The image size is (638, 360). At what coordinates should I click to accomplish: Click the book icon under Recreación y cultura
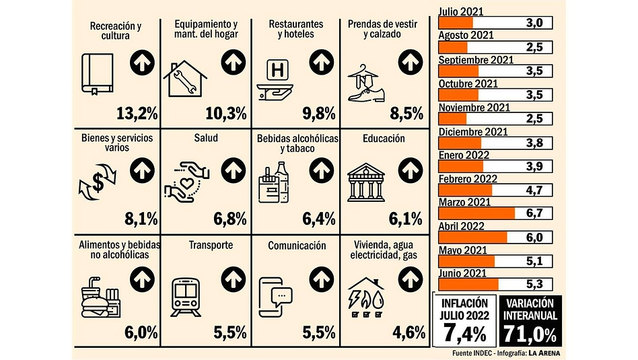(x=97, y=74)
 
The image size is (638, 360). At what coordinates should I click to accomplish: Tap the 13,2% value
(x=137, y=114)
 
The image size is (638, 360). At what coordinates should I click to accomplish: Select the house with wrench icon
(x=185, y=79)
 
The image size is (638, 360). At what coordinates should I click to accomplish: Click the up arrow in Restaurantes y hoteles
(x=322, y=62)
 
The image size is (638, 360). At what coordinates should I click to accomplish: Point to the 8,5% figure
(x=406, y=114)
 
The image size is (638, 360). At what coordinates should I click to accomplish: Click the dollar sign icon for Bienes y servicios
(x=98, y=182)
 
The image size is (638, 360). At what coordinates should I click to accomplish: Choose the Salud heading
(x=206, y=138)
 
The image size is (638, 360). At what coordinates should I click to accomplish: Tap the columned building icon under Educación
(x=366, y=182)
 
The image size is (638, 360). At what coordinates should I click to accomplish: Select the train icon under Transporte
(x=186, y=297)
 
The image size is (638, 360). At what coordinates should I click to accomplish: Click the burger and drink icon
(x=100, y=297)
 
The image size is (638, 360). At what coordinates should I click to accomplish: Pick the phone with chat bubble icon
(x=275, y=297)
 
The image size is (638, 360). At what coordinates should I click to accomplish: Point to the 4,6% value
(x=409, y=332)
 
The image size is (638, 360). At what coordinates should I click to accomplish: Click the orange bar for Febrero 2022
(x=466, y=190)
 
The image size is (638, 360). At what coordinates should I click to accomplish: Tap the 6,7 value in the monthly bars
(x=534, y=213)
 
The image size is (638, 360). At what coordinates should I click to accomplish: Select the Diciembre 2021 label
(x=473, y=132)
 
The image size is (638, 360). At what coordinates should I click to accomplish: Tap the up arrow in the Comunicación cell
(x=322, y=279)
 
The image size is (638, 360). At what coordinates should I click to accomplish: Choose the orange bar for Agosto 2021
(x=453, y=48)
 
